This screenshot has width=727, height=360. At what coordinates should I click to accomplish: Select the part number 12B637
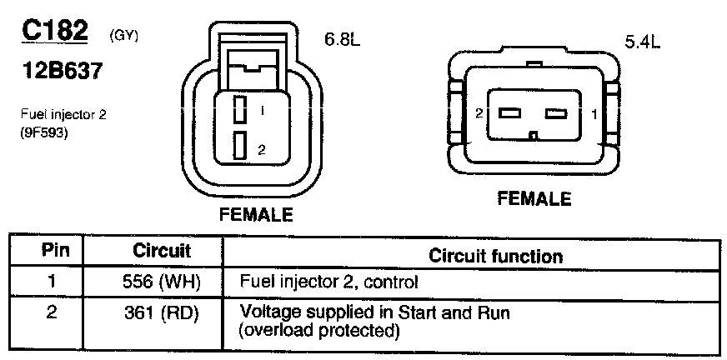pyautogui.click(x=63, y=72)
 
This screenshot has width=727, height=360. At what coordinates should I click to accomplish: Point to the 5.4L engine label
pyautogui.click(x=641, y=43)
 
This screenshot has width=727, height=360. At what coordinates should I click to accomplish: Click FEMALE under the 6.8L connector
pyautogui.click(x=255, y=214)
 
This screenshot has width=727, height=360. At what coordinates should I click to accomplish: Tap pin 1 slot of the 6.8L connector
pyautogui.click(x=238, y=110)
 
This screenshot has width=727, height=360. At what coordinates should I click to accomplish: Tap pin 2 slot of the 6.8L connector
pyautogui.click(x=238, y=146)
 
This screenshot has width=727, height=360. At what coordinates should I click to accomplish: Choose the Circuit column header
pyautogui.click(x=162, y=251)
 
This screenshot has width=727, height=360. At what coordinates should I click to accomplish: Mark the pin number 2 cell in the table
pyautogui.click(x=52, y=313)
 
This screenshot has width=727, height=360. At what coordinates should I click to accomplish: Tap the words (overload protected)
pyautogui.click(x=316, y=331)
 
